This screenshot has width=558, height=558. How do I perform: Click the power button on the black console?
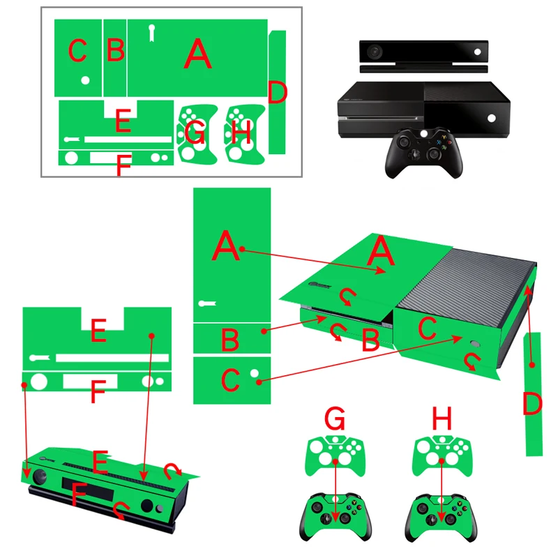click(494, 118)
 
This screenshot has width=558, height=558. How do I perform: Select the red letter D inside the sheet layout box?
click(278, 93)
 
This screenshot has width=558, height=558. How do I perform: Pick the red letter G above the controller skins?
click(335, 419)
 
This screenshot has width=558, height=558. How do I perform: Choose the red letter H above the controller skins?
click(442, 419)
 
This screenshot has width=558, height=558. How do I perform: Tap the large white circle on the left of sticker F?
click(38, 382)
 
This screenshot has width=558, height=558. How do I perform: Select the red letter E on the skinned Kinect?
click(100, 461)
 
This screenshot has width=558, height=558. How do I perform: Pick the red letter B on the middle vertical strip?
click(230, 340)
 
